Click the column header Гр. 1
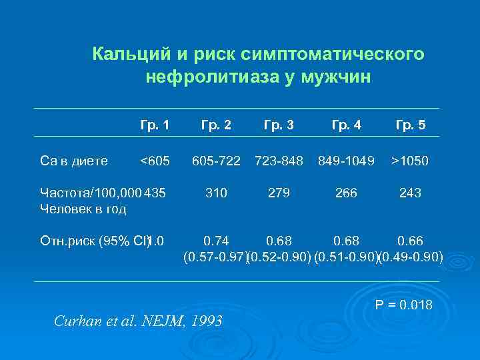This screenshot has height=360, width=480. pyautogui.click(x=155, y=125)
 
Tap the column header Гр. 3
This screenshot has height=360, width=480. pyautogui.click(x=279, y=125)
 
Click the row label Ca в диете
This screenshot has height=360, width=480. pyautogui.click(x=74, y=161)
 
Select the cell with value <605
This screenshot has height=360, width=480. pyautogui.click(x=155, y=161)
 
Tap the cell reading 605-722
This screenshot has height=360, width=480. pyautogui.click(x=217, y=161)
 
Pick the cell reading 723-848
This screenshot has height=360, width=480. pyautogui.click(x=279, y=161)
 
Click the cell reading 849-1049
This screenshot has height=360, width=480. pyautogui.click(x=347, y=161)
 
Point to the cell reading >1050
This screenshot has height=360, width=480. pyautogui.click(x=410, y=161)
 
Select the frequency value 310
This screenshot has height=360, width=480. pyautogui.click(x=217, y=193)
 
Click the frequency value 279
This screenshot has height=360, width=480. pyautogui.click(x=279, y=193)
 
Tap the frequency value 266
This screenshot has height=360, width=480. pyautogui.click(x=347, y=193)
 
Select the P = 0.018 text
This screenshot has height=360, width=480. pyautogui.click(x=404, y=305)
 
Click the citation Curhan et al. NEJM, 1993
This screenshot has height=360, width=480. pyautogui.click(x=139, y=321)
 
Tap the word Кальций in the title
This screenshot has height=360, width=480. pyautogui.click(x=126, y=53)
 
